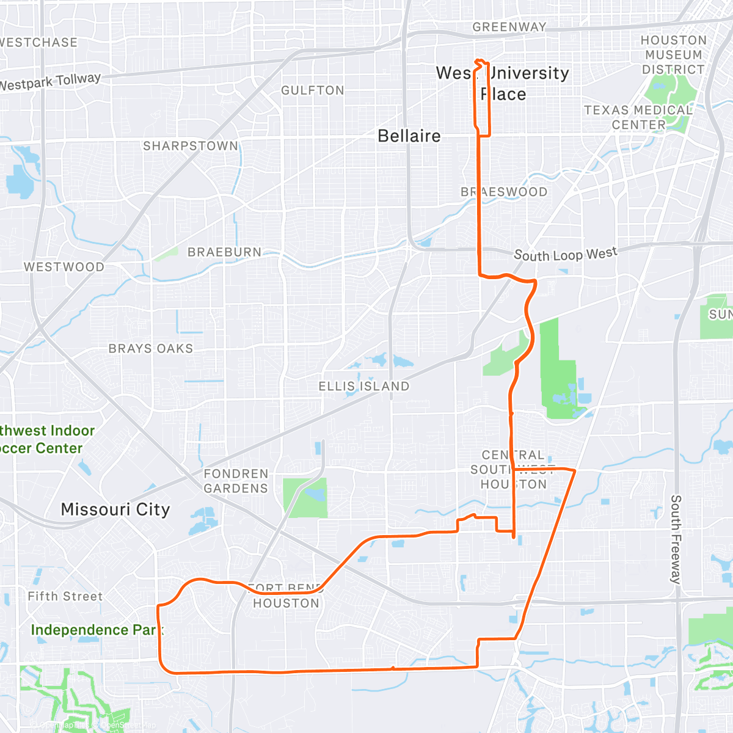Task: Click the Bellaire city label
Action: pyautogui.click(x=409, y=136)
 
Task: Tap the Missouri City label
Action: pyautogui.click(x=115, y=509)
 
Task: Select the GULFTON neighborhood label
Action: pyautogui.click(x=313, y=90)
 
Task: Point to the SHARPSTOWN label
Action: pyautogui.click(x=191, y=146)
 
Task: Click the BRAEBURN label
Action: pyautogui.click(x=224, y=252)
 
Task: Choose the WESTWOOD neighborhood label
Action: pyautogui.click(x=64, y=267)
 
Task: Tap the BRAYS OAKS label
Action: pyautogui.click(x=151, y=349)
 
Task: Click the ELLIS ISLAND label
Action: pyautogui.click(x=364, y=386)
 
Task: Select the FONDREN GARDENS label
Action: pyautogui.click(x=236, y=481)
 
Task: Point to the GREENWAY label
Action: pyautogui.click(x=509, y=27)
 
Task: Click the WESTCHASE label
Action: pyautogui.click(x=39, y=42)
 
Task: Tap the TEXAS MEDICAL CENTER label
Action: pyautogui.click(x=638, y=117)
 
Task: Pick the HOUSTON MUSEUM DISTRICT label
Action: pyautogui.click(x=673, y=55)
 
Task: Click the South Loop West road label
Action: pyautogui.click(x=566, y=254)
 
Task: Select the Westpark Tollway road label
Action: pyautogui.click(x=50, y=81)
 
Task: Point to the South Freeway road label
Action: pyautogui.click(x=676, y=539)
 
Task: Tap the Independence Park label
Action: pyautogui.click(x=97, y=630)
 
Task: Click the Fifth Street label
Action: pyautogui.click(x=65, y=596)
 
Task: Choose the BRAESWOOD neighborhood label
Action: pyautogui.click(x=504, y=192)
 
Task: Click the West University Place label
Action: pyautogui.click(x=503, y=83)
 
